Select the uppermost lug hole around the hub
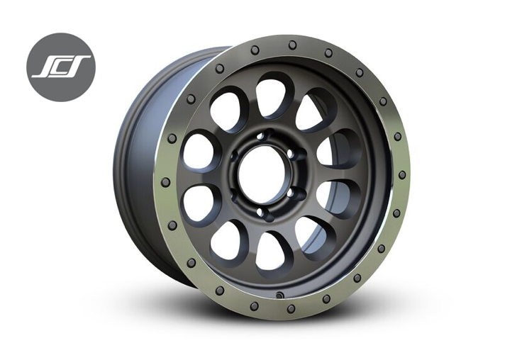[260, 136]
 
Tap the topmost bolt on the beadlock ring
[292, 45]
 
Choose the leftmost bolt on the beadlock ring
[165, 182]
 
